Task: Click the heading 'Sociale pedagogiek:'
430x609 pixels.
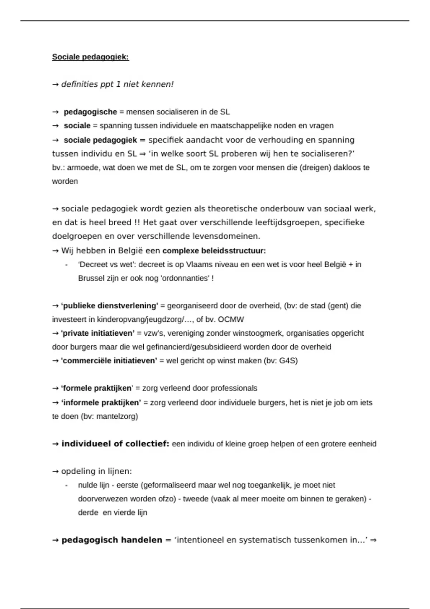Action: coord(90,57)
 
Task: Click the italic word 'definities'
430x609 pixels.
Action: coord(80,85)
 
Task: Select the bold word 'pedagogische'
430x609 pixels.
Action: coord(90,112)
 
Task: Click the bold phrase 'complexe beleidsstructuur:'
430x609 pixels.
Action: coord(214,251)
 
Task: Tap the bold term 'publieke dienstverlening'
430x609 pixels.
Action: coord(110,306)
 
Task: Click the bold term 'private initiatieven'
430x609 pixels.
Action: coord(98,334)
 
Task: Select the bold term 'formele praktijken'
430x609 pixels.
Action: coord(97,388)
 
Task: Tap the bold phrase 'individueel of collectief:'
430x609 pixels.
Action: coord(115,444)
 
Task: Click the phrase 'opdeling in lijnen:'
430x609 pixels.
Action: coord(96,471)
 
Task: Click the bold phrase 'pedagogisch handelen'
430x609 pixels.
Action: coord(112,540)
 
